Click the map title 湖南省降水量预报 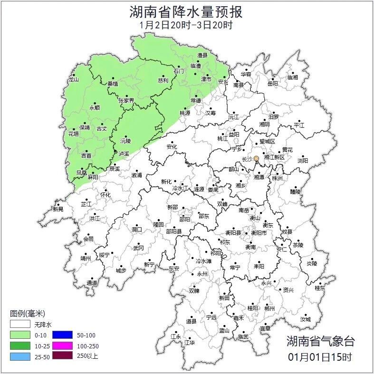[x=186, y=11]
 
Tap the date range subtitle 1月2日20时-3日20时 [x=186, y=25]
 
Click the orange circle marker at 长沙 [x=257, y=158]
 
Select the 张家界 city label [x=126, y=100]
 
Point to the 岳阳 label [x=272, y=84]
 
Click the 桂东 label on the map [x=320, y=288]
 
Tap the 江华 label [x=190, y=342]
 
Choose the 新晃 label [x=58, y=209]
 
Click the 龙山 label [x=73, y=80]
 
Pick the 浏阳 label [x=303, y=161]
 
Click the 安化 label [x=172, y=147]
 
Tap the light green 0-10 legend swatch [x=19, y=335]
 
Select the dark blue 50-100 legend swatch [x=62, y=335]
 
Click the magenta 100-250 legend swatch [x=62, y=345]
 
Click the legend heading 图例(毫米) [x=27, y=313]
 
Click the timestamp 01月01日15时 [x=320, y=356]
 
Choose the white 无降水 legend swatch [x=19, y=325]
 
